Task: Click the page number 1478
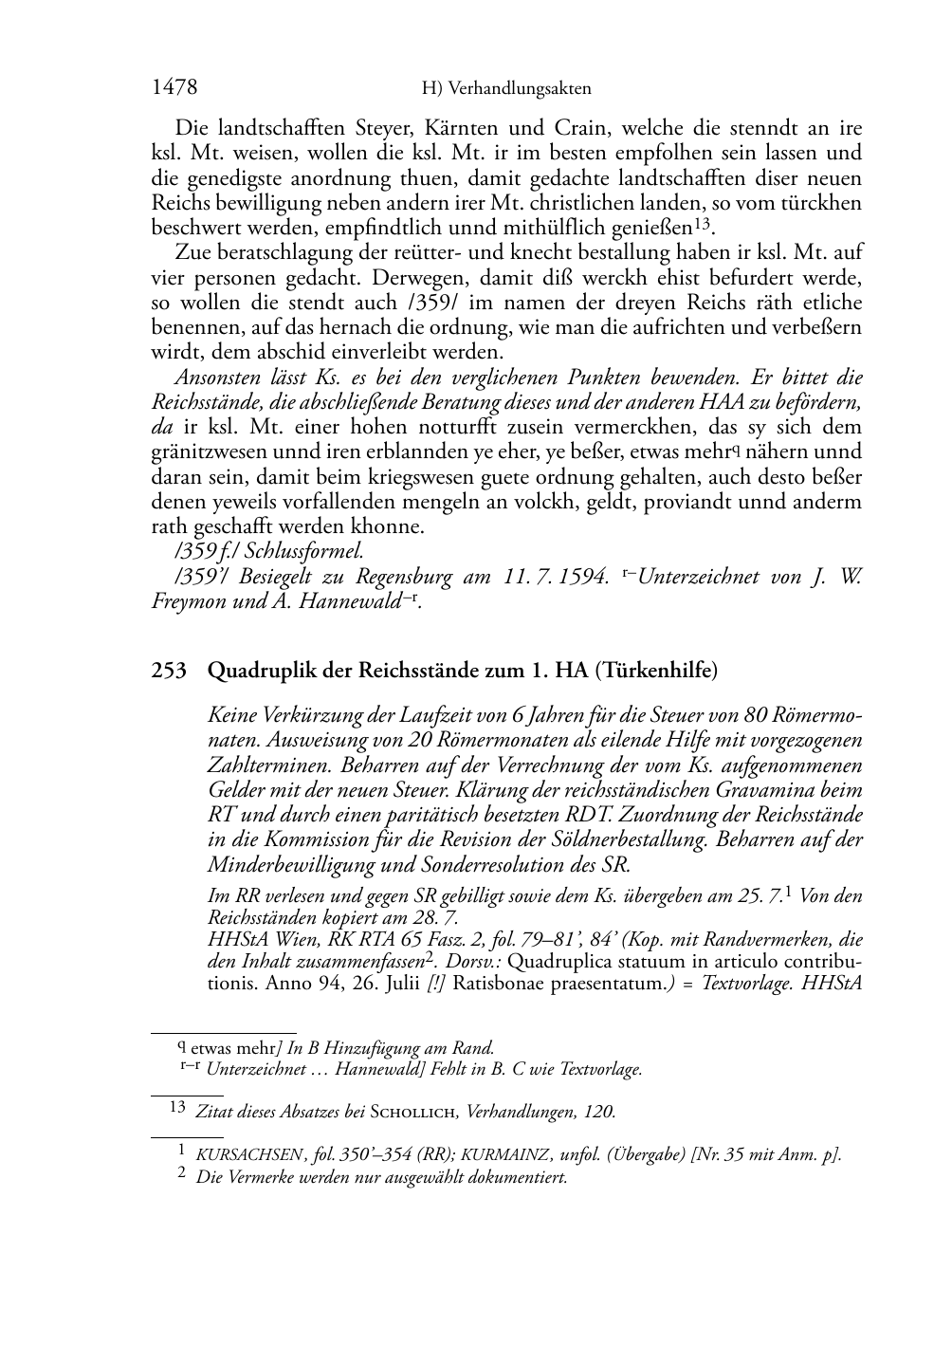(x=174, y=88)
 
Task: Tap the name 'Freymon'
(x=187, y=601)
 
